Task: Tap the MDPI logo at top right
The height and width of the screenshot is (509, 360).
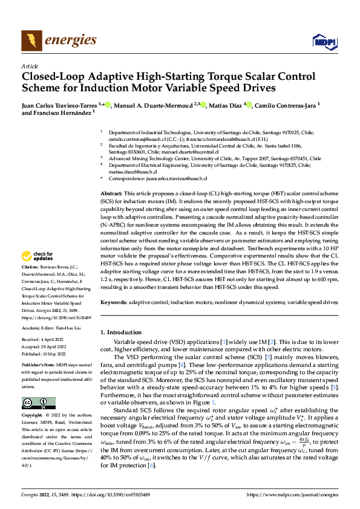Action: click(x=324, y=41)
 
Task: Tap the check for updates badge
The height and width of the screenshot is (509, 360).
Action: click(x=39, y=273)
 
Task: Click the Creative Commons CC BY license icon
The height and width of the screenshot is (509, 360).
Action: click(x=38, y=403)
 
